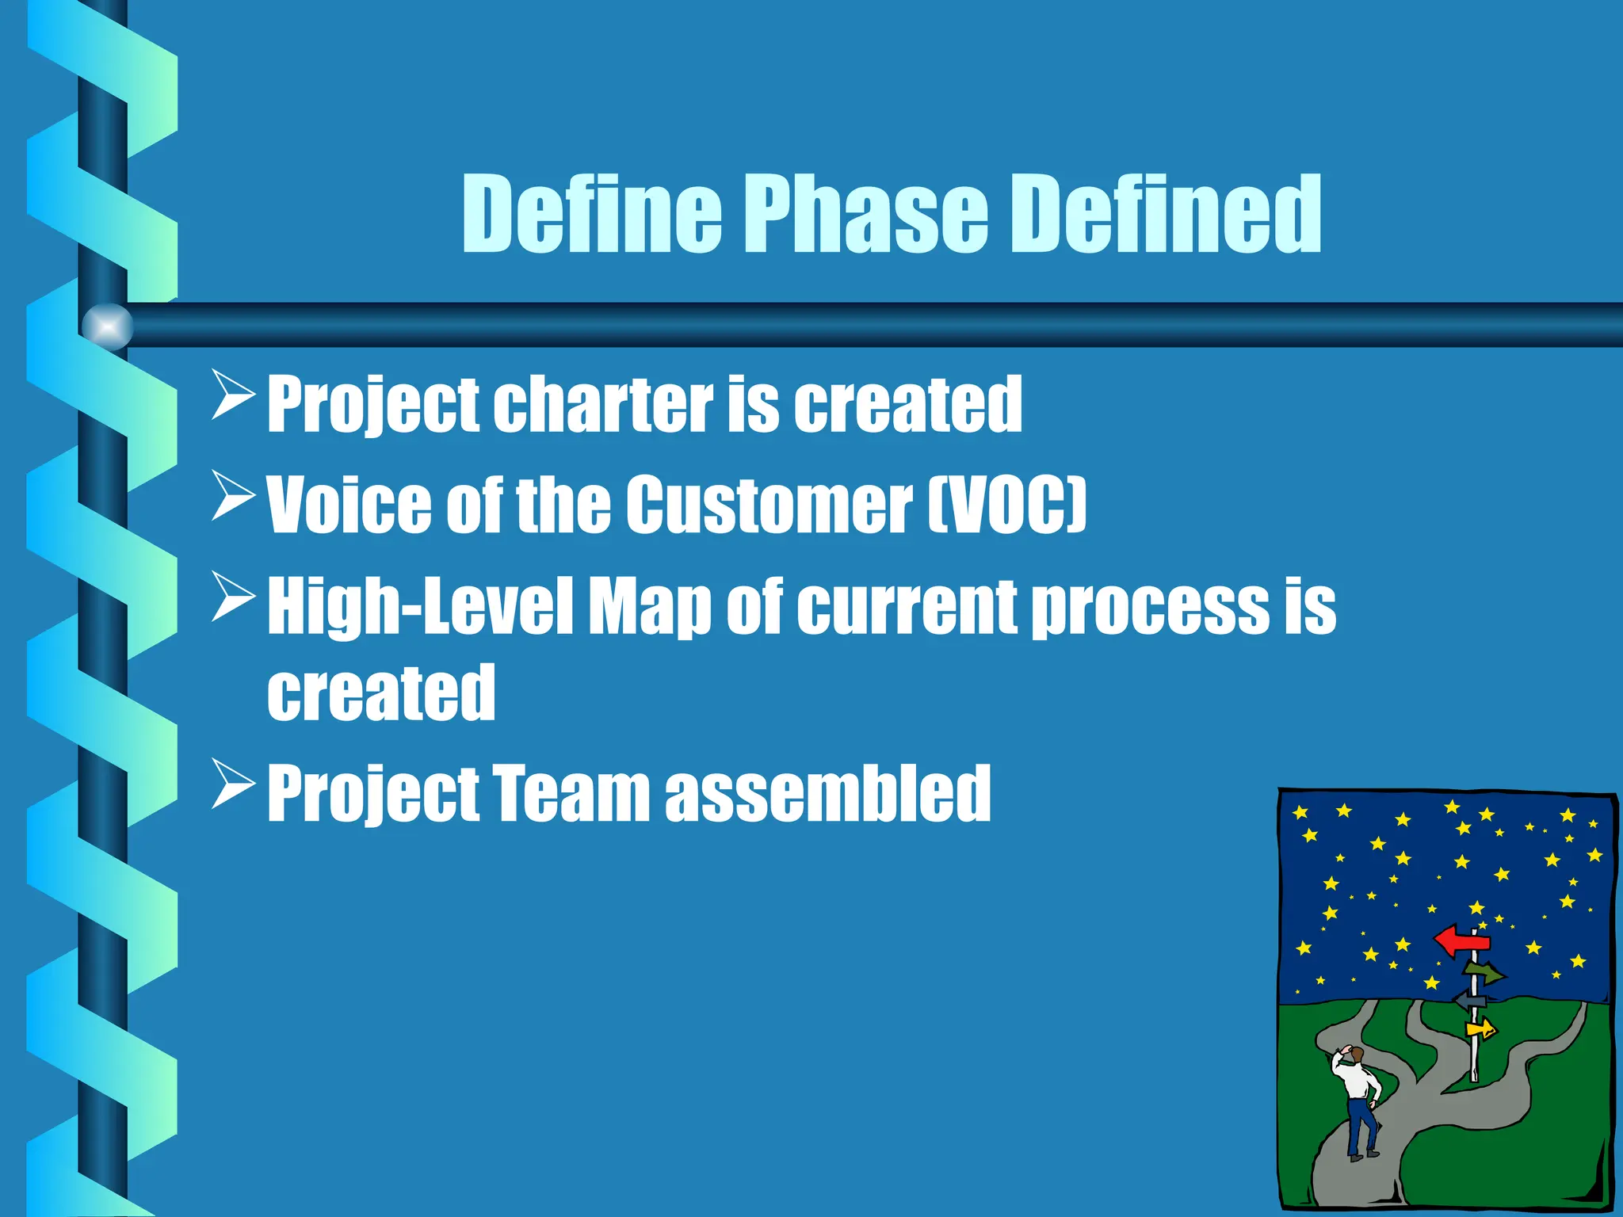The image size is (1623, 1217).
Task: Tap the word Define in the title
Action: point(592,214)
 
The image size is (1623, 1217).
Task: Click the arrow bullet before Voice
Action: point(233,496)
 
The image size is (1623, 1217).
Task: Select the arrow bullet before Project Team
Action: point(233,784)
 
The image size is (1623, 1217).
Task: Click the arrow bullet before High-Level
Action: point(233,597)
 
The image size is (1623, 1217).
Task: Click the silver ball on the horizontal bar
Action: point(108,326)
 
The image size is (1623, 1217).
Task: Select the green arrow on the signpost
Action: point(1484,971)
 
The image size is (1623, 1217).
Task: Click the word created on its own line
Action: point(381,693)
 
